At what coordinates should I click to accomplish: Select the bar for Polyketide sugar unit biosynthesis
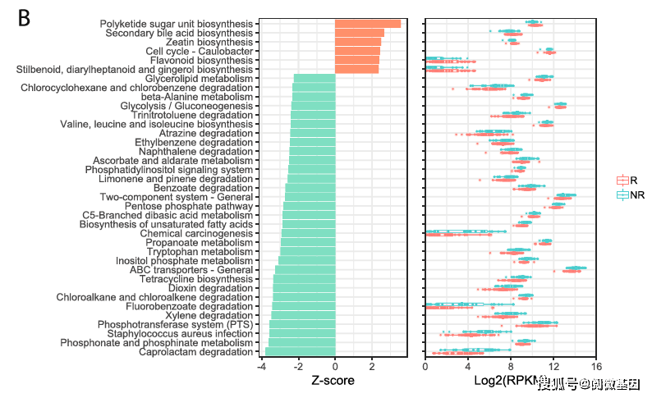368,24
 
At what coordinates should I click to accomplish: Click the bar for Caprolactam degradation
301,352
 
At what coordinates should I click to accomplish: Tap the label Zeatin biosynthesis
209,42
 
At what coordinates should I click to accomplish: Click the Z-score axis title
333,382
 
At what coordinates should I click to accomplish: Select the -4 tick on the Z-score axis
262,367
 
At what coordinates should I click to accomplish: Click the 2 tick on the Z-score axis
372,367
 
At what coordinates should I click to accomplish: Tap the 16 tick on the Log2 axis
595,367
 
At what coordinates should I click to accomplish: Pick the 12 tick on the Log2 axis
553,367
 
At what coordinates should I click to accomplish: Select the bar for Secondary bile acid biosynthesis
360,33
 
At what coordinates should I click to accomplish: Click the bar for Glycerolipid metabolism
315,79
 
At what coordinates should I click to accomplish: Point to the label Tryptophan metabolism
200,252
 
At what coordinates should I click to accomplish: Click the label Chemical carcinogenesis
196,234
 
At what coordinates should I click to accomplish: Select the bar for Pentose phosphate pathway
310,206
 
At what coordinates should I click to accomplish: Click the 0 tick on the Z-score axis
335,367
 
